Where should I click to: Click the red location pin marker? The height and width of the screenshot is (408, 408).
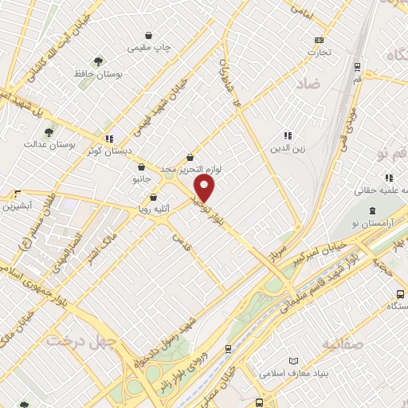(205, 189)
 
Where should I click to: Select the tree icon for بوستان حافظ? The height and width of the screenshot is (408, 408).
(98, 61)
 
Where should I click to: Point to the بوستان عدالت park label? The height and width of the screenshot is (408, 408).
(49, 144)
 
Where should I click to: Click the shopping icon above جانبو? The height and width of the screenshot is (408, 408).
(141, 167)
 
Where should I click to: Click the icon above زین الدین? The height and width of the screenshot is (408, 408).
(287, 136)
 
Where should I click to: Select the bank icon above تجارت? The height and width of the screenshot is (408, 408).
(320, 40)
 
